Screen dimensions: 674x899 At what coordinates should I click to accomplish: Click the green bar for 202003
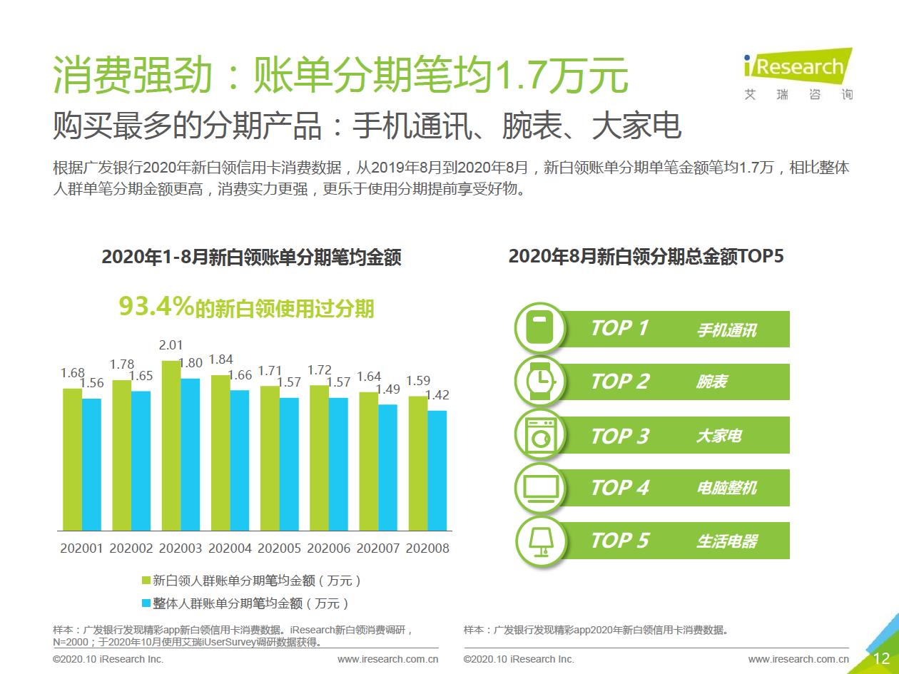[171, 446]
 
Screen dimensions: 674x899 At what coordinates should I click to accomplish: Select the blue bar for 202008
[437, 471]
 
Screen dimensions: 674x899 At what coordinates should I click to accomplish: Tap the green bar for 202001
[72, 460]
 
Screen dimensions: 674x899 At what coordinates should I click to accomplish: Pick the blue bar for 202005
[289, 464]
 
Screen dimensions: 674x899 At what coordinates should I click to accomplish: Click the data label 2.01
[171, 345]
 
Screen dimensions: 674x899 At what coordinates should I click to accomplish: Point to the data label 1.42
[437, 395]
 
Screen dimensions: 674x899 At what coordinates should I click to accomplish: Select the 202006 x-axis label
[328, 548]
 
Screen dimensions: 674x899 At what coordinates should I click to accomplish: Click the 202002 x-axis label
[131, 548]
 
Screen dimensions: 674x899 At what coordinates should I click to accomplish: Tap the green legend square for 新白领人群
[146, 580]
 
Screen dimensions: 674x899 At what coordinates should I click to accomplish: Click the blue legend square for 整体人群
[146, 603]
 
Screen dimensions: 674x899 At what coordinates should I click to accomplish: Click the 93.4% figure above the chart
[156, 307]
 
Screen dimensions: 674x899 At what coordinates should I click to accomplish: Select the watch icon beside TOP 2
[540, 382]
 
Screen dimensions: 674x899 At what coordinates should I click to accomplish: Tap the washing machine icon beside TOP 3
[540, 434]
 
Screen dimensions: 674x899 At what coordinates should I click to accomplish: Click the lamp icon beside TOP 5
[540, 541]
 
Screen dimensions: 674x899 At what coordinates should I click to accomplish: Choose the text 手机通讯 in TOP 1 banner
[726, 330]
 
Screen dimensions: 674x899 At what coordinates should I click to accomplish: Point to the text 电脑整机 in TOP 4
[726, 489]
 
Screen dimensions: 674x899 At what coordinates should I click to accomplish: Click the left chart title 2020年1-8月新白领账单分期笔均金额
[251, 257]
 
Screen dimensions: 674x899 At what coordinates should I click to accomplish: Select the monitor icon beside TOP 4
[540, 488]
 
